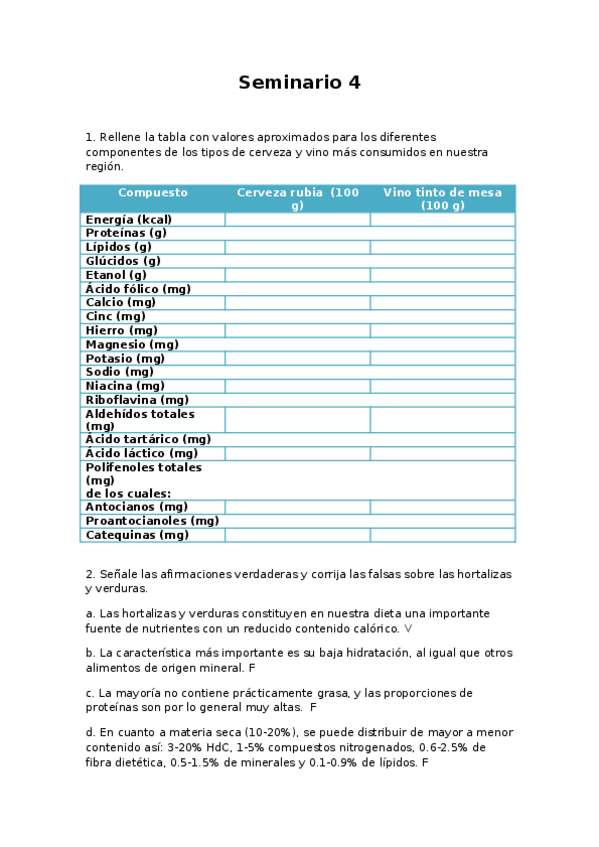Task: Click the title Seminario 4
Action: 299,83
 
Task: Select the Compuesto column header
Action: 152,192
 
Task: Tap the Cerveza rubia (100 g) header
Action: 297,198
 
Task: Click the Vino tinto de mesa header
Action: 442,198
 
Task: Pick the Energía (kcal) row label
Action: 128,219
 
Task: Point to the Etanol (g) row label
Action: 116,274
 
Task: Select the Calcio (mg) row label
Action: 120,301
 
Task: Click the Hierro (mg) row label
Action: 121,329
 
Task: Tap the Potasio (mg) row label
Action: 125,358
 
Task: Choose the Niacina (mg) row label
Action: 125,385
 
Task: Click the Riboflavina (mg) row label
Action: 137,399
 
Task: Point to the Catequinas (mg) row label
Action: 137,534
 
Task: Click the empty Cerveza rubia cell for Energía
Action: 297,219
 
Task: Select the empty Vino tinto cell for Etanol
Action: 442,274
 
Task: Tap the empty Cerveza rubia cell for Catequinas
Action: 297,534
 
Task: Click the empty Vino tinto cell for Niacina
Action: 442,385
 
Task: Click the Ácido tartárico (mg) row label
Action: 148,438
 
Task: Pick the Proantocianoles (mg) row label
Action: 152,520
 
